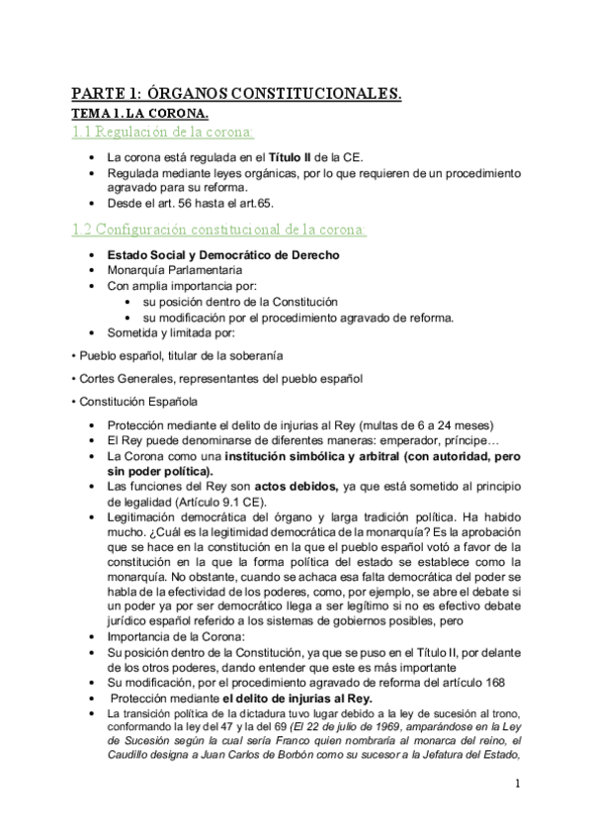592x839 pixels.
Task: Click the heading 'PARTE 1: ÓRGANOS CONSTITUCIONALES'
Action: tap(236, 94)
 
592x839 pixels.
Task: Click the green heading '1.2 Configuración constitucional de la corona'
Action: tap(218, 230)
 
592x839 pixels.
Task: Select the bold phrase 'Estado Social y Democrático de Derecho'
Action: tap(222, 254)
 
